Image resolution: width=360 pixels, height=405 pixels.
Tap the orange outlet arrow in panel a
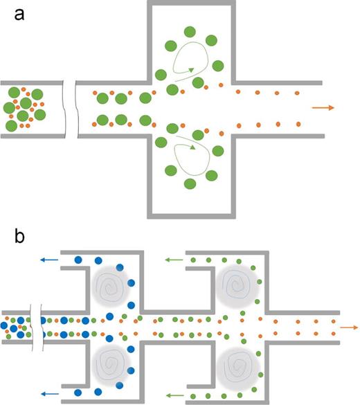tap(323, 108)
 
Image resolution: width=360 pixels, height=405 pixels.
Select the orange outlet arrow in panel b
tap(348, 325)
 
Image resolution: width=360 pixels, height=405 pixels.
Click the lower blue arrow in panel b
tap(48, 391)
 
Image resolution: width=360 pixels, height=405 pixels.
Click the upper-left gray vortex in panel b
tap(110, 285)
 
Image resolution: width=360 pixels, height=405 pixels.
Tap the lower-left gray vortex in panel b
tap(110, 361)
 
